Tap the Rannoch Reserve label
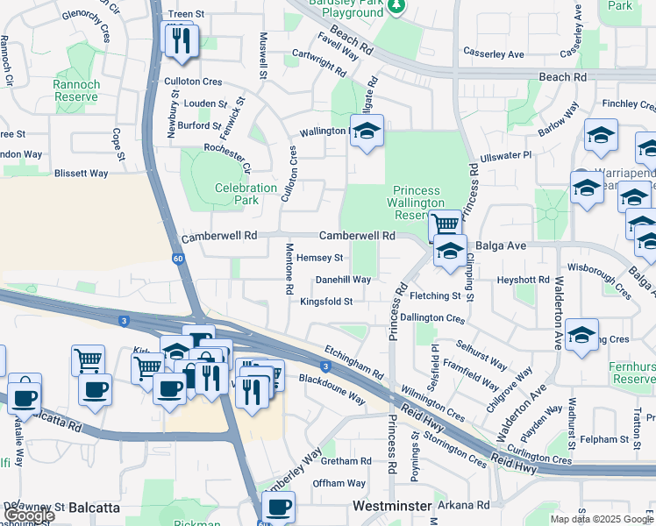(76, 90)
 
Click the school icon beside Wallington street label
(367, 132)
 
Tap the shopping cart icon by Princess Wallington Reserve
(446, 224)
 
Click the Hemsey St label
(319, 258)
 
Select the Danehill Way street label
(343, 280)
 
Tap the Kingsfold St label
(326, 302)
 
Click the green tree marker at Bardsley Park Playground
(396, 7)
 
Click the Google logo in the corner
(28, 515)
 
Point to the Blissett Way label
(81, 174)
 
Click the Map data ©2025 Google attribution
(601, 519)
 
